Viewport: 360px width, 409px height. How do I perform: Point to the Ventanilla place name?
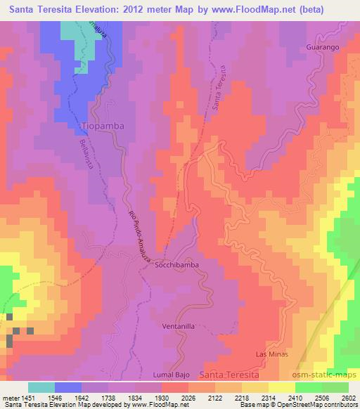pos(177,326)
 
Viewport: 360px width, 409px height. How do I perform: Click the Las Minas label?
pos(272,354)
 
